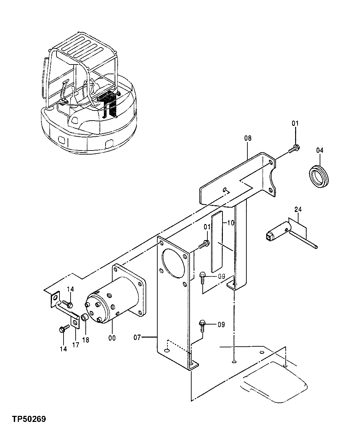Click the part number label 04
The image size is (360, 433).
pos(319,150)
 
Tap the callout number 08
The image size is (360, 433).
pos(248,138)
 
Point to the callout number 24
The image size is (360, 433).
pos(298,210)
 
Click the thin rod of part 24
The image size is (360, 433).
pos(304,239)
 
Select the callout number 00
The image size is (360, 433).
pos(112,338)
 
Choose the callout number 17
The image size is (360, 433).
pos(76,344)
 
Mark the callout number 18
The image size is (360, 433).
pos(86,340)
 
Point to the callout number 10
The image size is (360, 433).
pos(231,223)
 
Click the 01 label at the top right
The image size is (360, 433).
pos(295,124)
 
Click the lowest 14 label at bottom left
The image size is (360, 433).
pos(63,349)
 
